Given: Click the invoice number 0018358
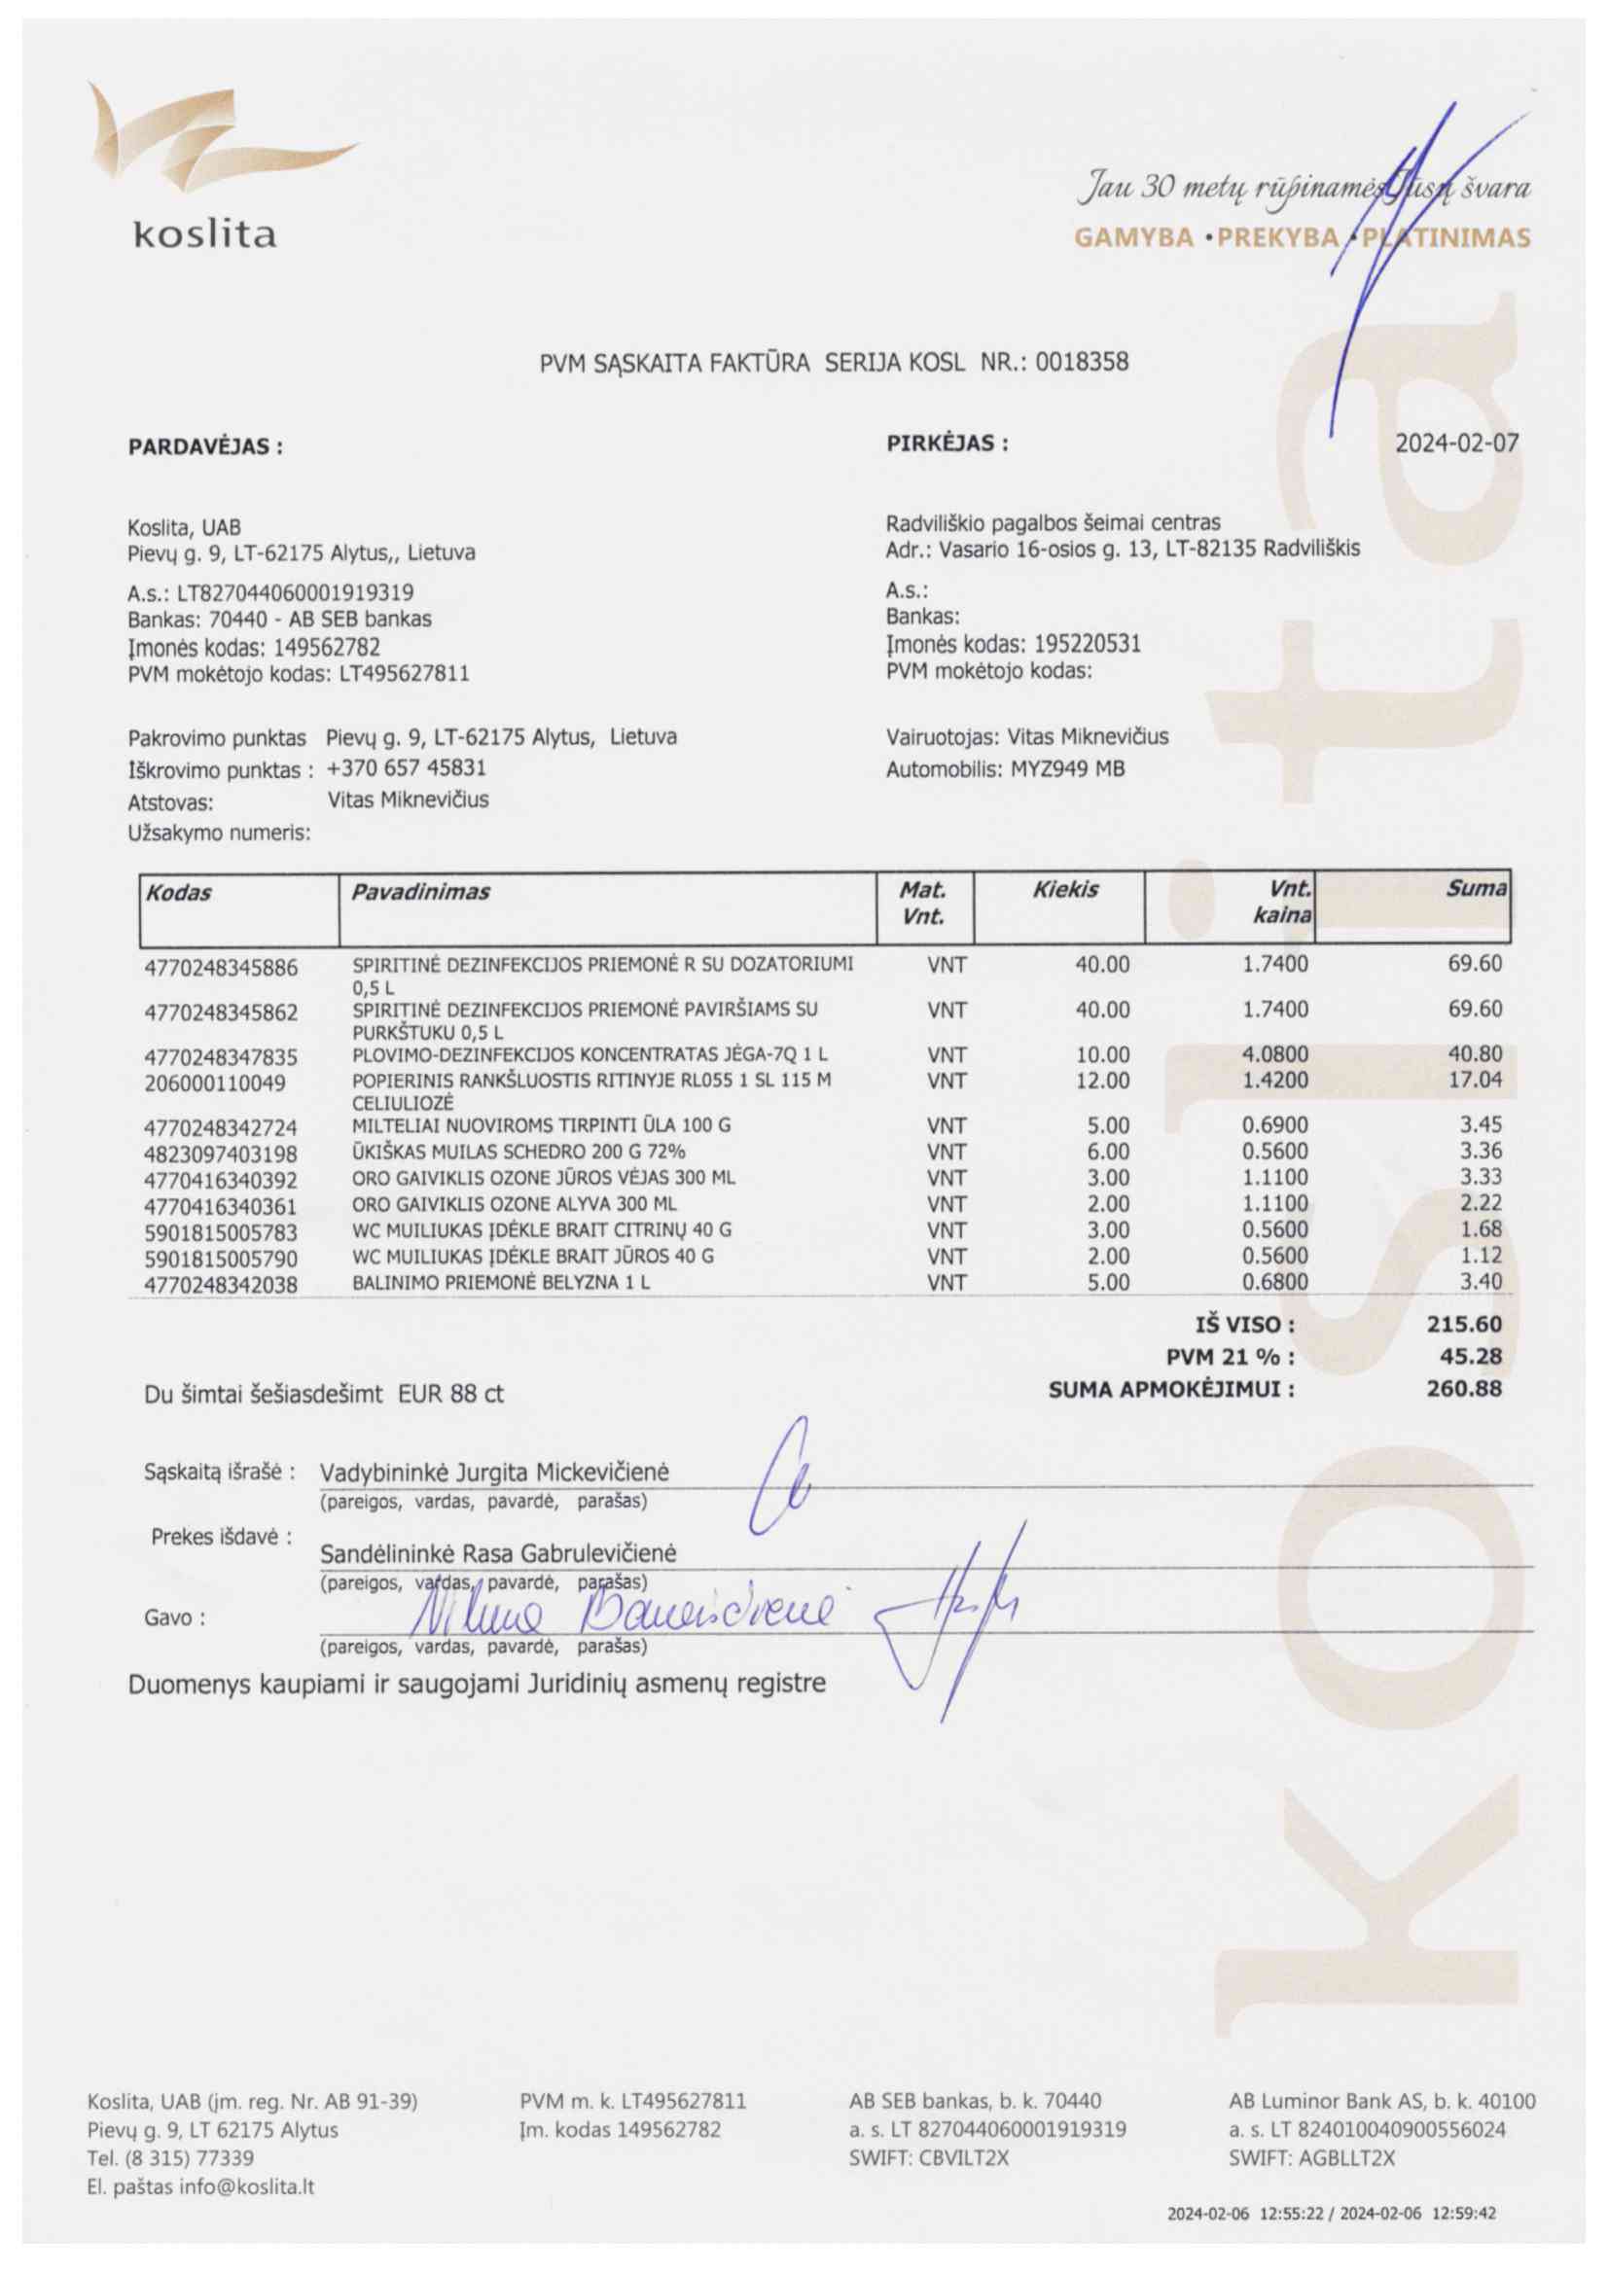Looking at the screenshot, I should coord(1081,363).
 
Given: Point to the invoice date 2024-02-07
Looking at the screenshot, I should coord(1455,443).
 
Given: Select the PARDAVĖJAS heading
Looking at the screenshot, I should coord(205,446).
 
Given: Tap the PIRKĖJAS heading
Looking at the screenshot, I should coord(947,443).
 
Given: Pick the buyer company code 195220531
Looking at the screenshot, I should coord(1087,644).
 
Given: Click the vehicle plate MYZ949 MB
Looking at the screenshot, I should coord(1067,768).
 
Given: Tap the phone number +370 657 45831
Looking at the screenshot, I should coord(407,767).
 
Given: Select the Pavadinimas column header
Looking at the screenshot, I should coord(420,892).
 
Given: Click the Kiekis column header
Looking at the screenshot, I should coord(1065,889).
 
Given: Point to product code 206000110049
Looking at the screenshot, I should coord(215,1084).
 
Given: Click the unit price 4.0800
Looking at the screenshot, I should coord(1274,1054).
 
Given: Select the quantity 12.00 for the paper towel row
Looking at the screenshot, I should coord(1102,1081).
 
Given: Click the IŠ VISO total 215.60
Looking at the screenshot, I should coord(1463,1324).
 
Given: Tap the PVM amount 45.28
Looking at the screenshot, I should coord(1471,1356).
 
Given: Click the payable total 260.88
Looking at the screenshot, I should coord(1463,1389).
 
